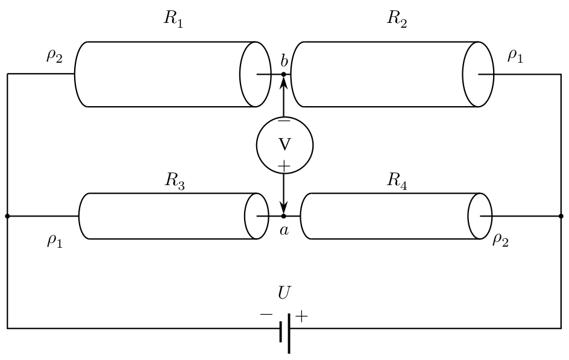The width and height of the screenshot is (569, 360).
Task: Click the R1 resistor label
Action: pos(174,19)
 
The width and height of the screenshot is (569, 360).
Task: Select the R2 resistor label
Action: pos(397,19)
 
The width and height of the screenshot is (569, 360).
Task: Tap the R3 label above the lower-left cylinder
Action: pos(175,180)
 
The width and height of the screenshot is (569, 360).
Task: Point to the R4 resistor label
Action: pos(397,180)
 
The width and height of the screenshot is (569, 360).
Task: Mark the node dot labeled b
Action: pos(284,74)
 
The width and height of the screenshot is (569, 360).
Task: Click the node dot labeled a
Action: pos(284,216)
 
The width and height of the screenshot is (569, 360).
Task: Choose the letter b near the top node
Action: pos(284,61)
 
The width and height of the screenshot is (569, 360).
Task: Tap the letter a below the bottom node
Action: pos(284,230)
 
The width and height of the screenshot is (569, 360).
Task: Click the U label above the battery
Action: pos(284,292)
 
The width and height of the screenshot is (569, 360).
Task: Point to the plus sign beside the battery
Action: pos(301,317)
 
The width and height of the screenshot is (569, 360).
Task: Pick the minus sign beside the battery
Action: pos(266,314)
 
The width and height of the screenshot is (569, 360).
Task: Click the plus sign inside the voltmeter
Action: pos(284,166)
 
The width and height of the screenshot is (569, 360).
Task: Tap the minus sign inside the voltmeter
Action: pos(284,121)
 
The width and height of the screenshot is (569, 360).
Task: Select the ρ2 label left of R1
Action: pos(54,56)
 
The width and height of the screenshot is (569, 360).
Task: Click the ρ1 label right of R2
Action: pos(515,56)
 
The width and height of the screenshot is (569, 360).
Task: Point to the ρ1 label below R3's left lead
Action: pos(55,241)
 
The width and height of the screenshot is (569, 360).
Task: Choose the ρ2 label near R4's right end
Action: pos(500,239)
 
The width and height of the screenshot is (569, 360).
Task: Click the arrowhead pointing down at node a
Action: pos(284,208)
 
